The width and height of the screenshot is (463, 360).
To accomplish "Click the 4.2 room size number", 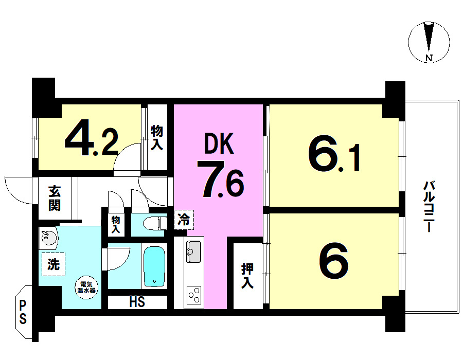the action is (92, 137).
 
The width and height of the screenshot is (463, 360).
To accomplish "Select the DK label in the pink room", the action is (219, 143).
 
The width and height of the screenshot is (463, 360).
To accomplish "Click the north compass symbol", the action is (429, 42).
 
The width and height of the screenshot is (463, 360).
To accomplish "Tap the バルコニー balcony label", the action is (429, 207).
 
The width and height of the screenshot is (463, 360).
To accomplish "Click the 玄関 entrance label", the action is (55, 198).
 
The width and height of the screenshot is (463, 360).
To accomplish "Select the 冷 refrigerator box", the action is (184, 220).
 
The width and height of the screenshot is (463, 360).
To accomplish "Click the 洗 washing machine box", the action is (54, 264).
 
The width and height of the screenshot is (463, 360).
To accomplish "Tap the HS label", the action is (137, 302).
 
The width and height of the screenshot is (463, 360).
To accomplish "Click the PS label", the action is (23, 312).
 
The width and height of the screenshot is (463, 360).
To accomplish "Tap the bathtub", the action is (154, 266).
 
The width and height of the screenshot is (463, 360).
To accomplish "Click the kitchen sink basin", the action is (194, 251).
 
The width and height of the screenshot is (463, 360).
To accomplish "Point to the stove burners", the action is (194, 295).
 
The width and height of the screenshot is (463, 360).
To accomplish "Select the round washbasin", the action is (49, 237).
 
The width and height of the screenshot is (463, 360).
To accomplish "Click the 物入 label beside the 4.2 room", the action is (157, 137).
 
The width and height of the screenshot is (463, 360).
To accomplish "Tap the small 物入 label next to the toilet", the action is (116, 224).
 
